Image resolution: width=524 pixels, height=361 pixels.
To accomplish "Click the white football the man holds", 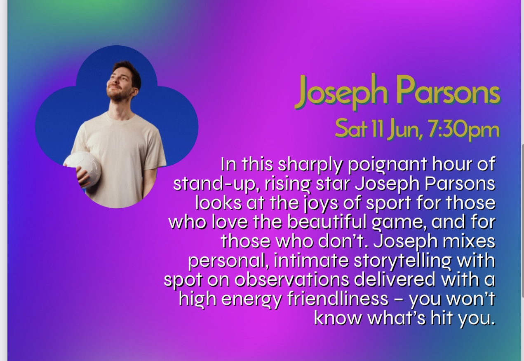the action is click(x=82, y=169).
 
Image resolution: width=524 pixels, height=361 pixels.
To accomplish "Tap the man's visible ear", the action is click(x=133, y=90).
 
